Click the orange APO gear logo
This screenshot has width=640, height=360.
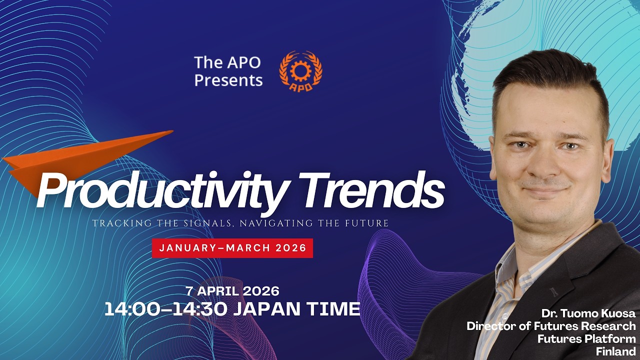(x=300, y=71)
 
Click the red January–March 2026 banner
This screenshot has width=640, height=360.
(x=232, y=248)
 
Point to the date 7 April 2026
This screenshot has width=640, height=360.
(x=232, y=290)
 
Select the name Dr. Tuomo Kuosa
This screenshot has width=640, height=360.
(x=588, y=313)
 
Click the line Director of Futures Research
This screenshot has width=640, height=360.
(x=551, y=326)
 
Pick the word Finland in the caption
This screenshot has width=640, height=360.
(x=615, y=351)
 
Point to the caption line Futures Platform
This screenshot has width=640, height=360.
(x=586, y=339)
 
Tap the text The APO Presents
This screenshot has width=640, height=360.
(x=228, y=71)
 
